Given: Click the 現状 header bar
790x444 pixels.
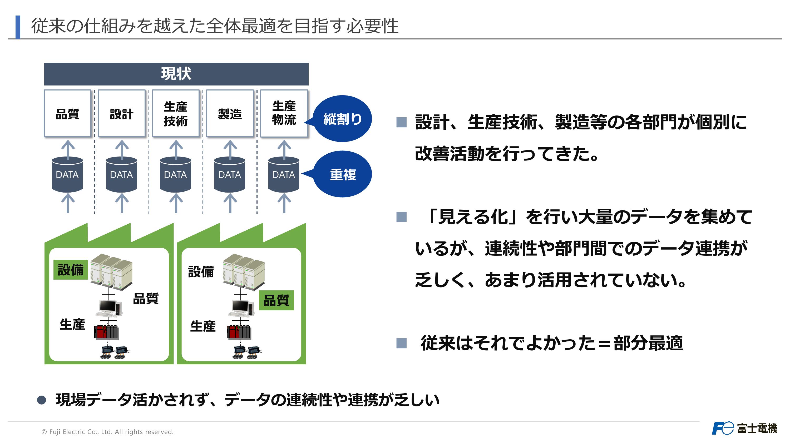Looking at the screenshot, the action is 176,74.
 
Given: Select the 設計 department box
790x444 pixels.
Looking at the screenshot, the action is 122,113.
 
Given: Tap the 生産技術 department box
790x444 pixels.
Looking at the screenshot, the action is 176,113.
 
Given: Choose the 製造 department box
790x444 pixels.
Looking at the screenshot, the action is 230,113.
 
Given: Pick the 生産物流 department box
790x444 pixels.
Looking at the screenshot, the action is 284,113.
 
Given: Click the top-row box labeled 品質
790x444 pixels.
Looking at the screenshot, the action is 67,113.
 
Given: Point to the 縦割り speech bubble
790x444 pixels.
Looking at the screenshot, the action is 340,119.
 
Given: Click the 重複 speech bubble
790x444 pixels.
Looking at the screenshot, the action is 340,174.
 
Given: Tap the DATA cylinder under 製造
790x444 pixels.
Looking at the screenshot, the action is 230,174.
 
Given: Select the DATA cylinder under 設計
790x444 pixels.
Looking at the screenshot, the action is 121,174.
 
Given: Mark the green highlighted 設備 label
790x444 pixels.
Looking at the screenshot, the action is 71,270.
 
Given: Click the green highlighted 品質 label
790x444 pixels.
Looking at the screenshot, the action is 276,300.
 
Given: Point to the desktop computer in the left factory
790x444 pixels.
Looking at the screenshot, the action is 109,308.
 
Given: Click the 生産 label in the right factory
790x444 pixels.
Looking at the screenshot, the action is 203,326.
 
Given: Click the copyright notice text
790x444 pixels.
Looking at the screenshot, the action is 107,432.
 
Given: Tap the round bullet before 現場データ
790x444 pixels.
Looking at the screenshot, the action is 41,400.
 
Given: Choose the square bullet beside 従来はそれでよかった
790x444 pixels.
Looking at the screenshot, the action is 401,343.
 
